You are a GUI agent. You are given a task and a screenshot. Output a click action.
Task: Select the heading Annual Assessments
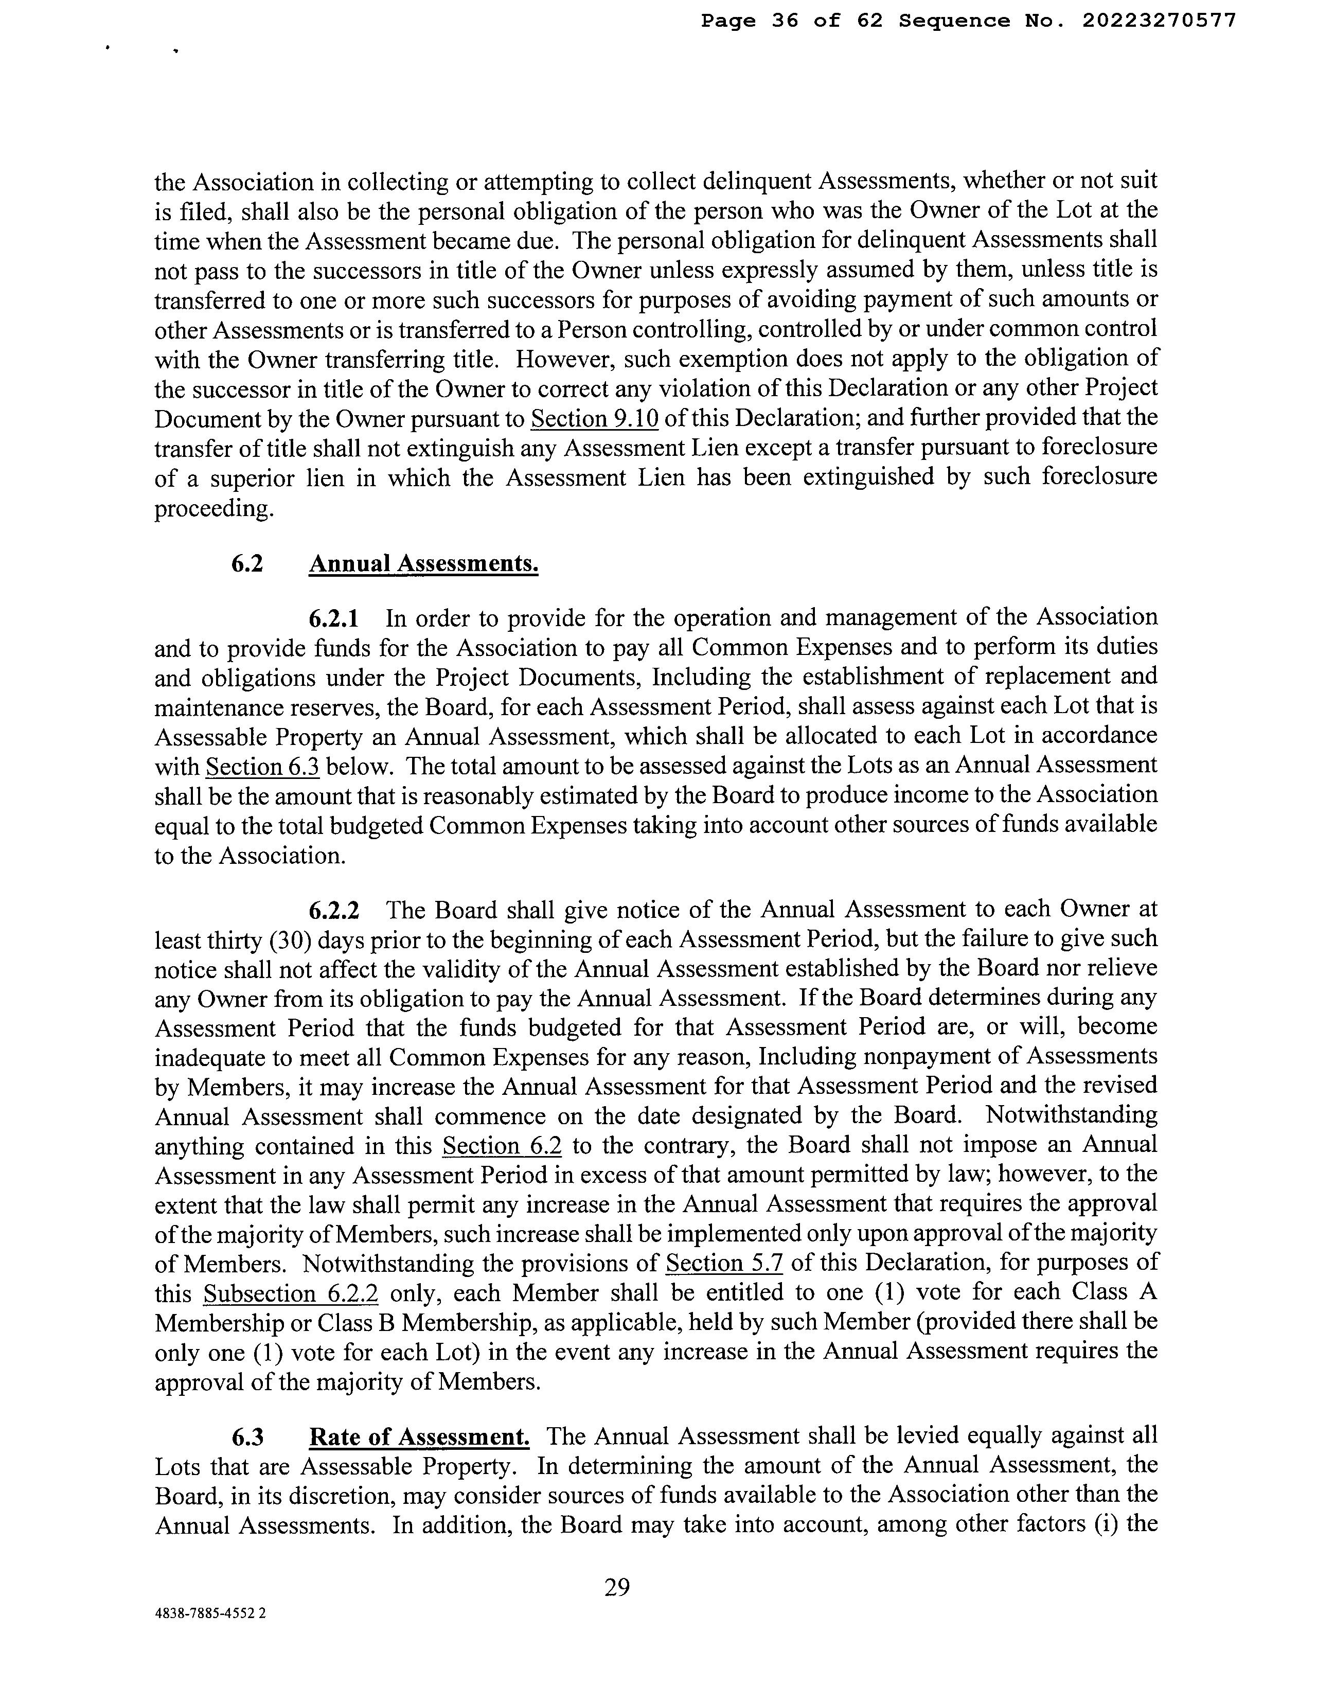(424, 563)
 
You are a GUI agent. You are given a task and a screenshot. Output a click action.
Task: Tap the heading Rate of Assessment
(419, 1436)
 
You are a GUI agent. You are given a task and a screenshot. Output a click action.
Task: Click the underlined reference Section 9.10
(595, 419)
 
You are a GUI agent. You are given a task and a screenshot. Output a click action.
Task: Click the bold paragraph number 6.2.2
(334, 910)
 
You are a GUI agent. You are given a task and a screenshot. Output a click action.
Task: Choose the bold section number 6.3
(247, 1436)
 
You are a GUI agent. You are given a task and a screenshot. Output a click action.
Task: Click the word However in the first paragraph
(555, 360)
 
